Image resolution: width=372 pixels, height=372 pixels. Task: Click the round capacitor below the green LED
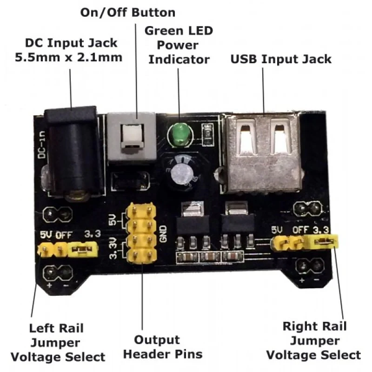[x=181, y=174]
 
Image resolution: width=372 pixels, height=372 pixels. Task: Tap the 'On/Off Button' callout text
[x=128, y=13]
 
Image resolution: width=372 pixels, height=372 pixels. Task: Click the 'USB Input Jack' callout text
[x=281, y=59]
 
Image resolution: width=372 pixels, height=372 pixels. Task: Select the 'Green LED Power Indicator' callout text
[x=179, y=45]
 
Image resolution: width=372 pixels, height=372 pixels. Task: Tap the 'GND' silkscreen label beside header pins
[x=163, y=233]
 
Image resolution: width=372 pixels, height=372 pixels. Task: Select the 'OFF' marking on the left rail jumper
[x=63, y=234]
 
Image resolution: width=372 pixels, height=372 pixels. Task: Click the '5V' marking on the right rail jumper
[x=277, y=231]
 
